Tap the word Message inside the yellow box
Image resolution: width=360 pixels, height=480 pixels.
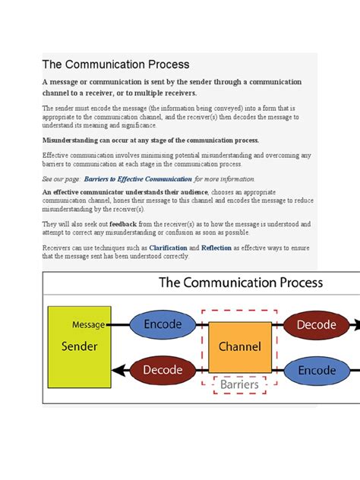click(x=89, y=325)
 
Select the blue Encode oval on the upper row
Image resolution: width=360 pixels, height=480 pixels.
click(x=163, y=325)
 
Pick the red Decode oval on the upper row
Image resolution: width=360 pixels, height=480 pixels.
click(x=315, y=325)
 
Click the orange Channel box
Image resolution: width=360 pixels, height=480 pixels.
click(x=240, y=347)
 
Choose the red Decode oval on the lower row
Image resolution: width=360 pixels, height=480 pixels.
click(x=163, y=370)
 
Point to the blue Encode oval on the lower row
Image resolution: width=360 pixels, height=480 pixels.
click(x=315, y=370)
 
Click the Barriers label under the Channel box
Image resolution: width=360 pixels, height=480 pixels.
click(x=240, y=385)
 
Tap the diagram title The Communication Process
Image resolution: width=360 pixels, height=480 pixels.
click(x=240, y=283)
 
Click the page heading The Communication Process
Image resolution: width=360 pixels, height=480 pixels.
click(x=115, y=65)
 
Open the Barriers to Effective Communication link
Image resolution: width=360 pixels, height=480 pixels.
click(x=137, y=178)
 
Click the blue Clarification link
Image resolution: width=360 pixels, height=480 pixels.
click(x=169, y=248)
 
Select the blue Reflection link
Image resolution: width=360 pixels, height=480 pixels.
click(x=217, y=248)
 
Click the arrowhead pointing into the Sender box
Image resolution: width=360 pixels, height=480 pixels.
click(x=115, y=370)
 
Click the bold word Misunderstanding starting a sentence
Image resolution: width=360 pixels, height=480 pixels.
click(x=77, y=141)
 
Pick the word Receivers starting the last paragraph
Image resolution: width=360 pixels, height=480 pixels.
click(x=58, y=248)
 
